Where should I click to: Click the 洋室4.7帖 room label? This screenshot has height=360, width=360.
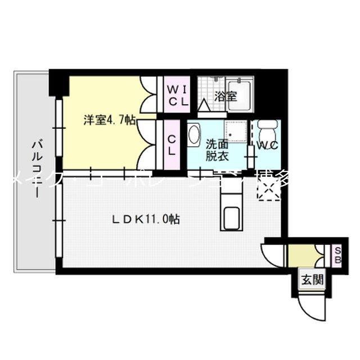click(x=109, y=120)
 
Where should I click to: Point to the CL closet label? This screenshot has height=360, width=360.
click(x=173, y=144)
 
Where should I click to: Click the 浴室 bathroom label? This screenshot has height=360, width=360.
click(x=225, y=96)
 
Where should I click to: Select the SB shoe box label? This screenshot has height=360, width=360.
click(x=337, y=256)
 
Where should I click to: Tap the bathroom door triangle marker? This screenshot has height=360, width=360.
click(x=204, y=105)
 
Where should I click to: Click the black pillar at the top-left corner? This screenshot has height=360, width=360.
click(x=57, y=83)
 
